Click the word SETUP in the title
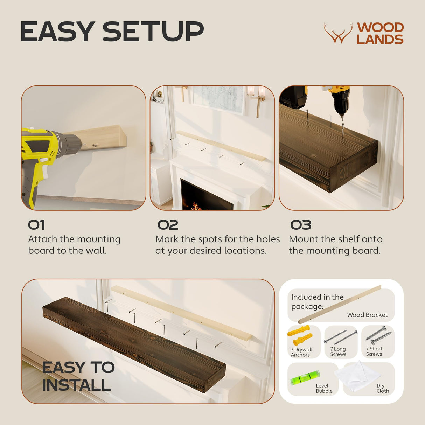coord(153,32)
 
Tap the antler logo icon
coord(338,34)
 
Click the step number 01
coord(36,225)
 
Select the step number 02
coord(168,225)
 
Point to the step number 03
coord(301,225)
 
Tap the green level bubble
coord(305,378)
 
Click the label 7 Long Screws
coord(338,351)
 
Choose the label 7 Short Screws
coord(374,351)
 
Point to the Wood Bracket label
coord(367,315)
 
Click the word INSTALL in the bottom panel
coord(77,385)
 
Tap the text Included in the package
coord(317,301)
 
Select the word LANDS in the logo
coord(380,40)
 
